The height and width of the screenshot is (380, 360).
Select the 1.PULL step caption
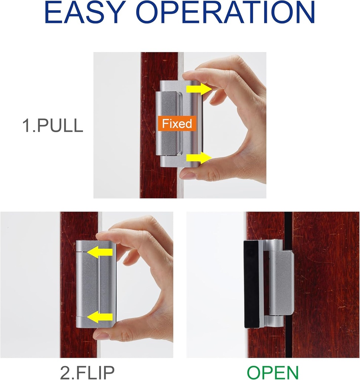(x=53, y=126)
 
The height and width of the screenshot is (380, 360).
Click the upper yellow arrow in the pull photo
(x=198, y=89)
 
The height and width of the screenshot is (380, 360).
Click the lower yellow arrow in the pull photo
(x=198, y=158)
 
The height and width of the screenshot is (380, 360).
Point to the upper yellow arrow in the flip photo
(x=100, y=253)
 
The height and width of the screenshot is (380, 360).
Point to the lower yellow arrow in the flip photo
(x=100, y=317)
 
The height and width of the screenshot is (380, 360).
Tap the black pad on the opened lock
(x=251, y=284)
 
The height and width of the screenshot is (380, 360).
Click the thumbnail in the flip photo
(x=101, y=335)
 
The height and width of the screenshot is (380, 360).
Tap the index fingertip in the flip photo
(x=102, y=236)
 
